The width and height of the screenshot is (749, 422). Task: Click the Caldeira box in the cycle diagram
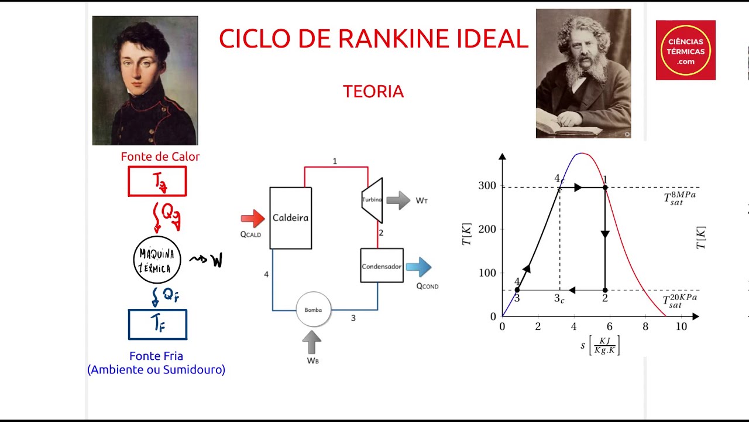(x=290, y=218)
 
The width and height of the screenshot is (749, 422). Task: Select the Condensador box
(x=382, y=266)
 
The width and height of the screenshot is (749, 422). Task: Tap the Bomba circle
(x=313, y=309)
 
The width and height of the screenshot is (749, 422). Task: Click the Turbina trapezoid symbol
(x=372, y=200)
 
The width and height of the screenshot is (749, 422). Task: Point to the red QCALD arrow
(x=253, y=219)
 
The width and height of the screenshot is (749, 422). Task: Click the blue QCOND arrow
(x=418, y=267)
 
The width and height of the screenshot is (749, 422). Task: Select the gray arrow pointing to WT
(x=398, y=200)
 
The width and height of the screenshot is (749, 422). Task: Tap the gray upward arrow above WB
(x=312, y=342)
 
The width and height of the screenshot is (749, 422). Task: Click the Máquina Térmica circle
(x=157, y=260)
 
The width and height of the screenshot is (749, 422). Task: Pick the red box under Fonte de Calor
(x=157, y=182)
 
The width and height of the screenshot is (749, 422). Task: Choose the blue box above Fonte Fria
(x=157, y=325)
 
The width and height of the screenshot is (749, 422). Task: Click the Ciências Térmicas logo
(x=685, y=50)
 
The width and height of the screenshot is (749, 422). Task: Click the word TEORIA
(x=373, y=92)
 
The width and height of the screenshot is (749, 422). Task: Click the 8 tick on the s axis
(x=645, y=326)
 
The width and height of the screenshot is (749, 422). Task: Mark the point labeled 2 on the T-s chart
(x=605, y=290)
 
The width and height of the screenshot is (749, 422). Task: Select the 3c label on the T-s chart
(x=559, y=298)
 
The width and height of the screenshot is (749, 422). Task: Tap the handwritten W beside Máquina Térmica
(x=217, y=260)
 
